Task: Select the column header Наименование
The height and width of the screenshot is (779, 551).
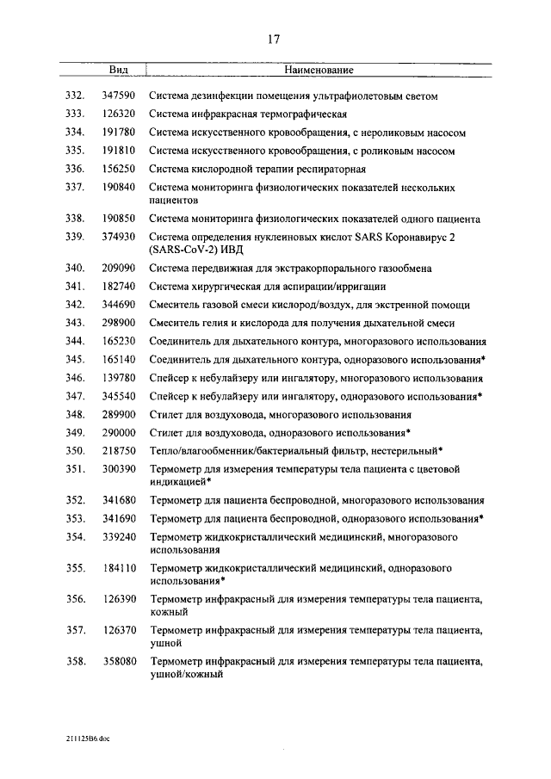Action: point(319,70)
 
